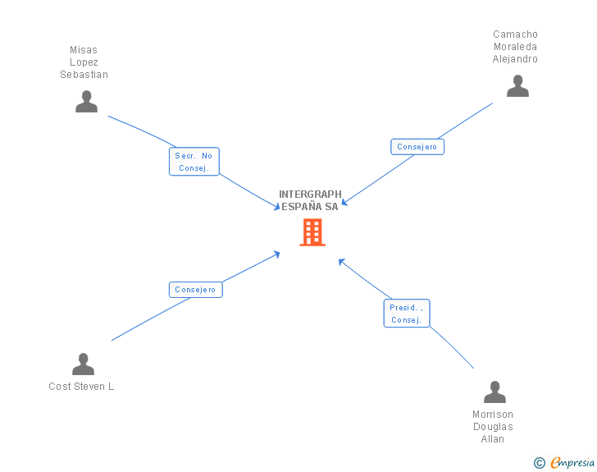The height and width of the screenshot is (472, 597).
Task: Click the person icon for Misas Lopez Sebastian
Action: coord(86,102)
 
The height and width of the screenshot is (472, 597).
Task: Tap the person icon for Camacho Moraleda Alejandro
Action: coord(517,86)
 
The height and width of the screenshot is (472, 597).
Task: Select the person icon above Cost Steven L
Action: coord(83,364)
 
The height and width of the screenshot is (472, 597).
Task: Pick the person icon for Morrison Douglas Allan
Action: coord(494,392)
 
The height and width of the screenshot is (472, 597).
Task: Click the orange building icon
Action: coord(312,232)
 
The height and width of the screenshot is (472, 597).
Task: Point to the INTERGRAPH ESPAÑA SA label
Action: coord(310,200)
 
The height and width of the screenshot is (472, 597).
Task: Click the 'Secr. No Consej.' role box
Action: coord(194,162)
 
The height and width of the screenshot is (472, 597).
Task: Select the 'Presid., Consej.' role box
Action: coord(406,314)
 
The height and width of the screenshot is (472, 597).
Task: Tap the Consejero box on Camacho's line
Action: coord(417,147)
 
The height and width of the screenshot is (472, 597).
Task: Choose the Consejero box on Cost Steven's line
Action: coord(195,290)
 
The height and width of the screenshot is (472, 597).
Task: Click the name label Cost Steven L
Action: coord(81,387)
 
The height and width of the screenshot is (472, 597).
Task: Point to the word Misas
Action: coord(84,50)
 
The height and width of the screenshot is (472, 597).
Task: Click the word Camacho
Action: coord(515,34)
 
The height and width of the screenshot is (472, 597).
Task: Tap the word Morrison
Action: coord(493,415)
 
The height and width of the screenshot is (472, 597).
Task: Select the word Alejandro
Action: coord(515,59)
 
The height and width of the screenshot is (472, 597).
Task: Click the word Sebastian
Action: coord(84,75)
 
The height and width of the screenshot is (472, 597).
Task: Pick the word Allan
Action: coord(493,439)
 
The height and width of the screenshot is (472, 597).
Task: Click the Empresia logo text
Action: coord(572,463)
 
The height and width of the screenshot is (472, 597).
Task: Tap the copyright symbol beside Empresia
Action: coord(539,463)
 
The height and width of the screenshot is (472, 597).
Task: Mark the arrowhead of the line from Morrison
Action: coord(341,261)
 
